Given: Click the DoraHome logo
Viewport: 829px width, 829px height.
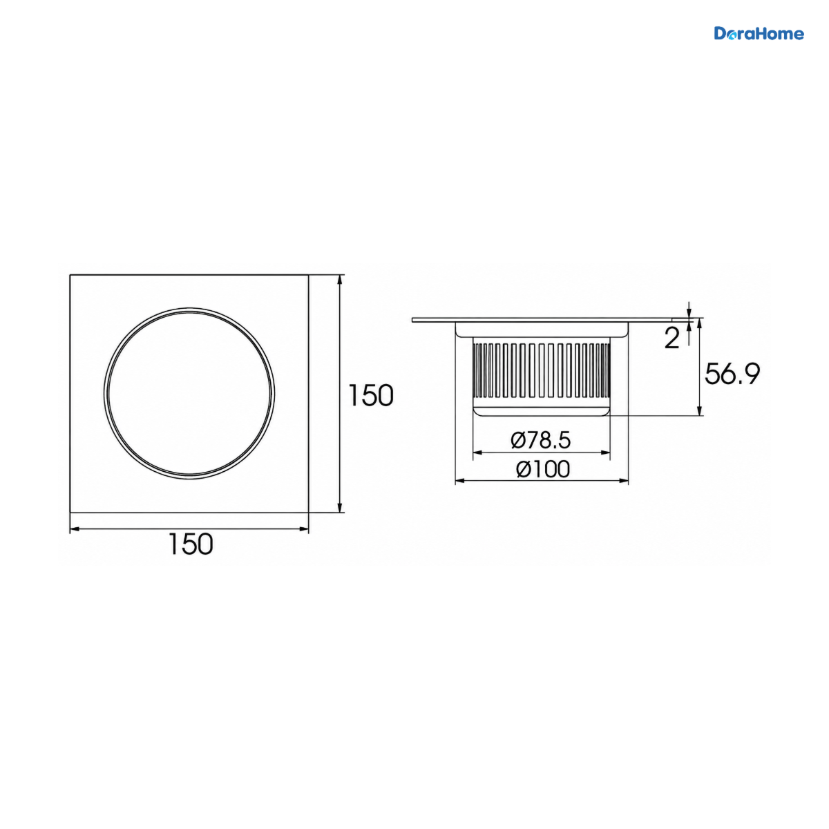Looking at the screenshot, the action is pos(759,34).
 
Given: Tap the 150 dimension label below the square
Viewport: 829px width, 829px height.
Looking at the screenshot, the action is pos(191,544).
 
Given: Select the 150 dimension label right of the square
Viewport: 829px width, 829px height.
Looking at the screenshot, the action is pos(370,395).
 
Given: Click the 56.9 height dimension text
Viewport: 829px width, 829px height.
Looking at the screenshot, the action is pos(732,374).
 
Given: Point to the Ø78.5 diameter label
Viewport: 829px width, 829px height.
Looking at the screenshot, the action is pos(541,440).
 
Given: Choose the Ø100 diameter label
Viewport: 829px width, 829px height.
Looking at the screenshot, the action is pos(543,469).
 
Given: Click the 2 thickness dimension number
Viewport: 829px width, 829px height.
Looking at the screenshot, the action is pos(671,338).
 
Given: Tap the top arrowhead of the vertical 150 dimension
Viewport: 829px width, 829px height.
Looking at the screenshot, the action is pos(340,279).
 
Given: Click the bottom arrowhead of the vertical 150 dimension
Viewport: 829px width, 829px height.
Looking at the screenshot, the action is pos(340,508).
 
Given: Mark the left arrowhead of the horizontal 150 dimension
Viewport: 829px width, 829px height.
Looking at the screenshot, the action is pos(75,528).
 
